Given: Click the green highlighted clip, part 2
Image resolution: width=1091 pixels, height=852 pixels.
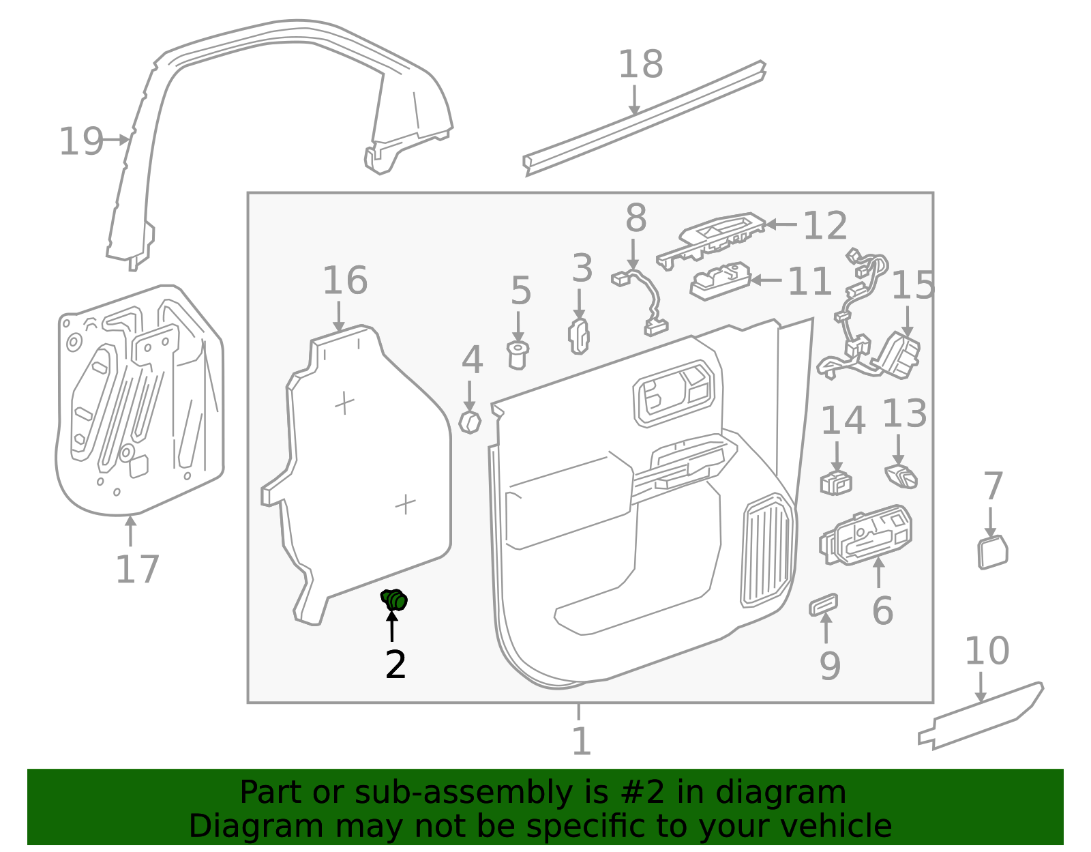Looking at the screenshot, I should (394, 600).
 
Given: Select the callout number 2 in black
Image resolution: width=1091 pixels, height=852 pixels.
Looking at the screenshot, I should (395, 664).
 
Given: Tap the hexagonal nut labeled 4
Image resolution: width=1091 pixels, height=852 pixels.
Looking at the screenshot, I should (470, 422).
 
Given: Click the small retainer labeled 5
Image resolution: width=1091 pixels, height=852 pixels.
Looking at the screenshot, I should (518, 355).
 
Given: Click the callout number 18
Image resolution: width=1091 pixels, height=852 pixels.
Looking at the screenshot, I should (640, 65).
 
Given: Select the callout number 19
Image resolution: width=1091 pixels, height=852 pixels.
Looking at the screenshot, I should (80, 142).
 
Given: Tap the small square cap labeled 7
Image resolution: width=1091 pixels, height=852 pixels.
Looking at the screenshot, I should (992, 553).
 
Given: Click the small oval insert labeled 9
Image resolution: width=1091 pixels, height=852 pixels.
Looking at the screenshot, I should (823, 604).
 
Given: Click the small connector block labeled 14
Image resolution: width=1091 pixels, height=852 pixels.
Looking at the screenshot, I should (836, 482).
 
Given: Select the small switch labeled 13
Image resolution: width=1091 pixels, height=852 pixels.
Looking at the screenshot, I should (901, 475).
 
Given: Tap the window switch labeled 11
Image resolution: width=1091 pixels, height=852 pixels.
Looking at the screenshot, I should (719, 280).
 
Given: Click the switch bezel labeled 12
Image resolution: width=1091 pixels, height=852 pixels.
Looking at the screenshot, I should (713, 235).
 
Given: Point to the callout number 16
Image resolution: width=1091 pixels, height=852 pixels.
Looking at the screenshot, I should (345, 281).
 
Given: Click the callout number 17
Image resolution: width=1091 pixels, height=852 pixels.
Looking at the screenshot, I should (137, 570).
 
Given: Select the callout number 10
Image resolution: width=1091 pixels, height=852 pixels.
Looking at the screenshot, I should (987, 651).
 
